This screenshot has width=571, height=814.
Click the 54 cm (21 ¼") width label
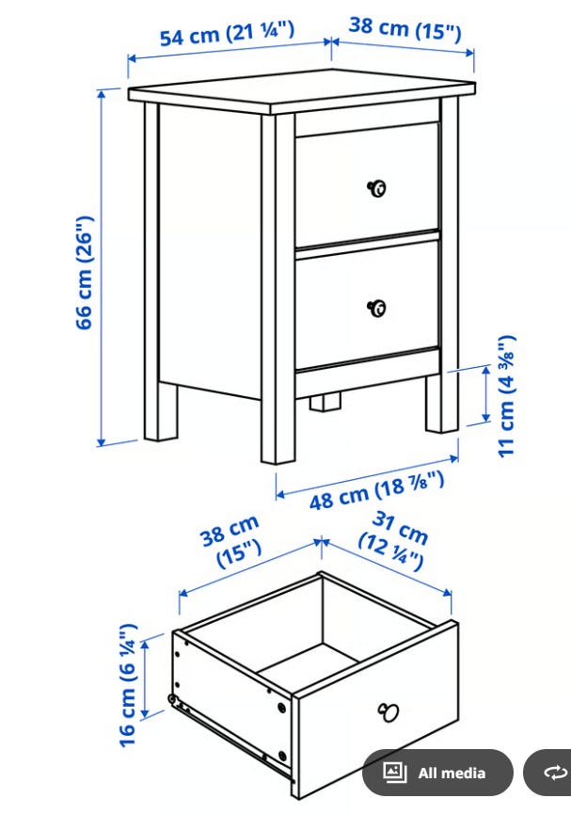click(x=227, y=33)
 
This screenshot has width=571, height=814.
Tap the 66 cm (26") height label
click(x=85, y=273)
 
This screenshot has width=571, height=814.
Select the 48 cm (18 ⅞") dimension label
click(x=377, y=490)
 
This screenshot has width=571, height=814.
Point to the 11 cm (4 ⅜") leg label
click(x=506, y=396)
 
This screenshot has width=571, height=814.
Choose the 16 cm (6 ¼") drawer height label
click(x=128, y=685)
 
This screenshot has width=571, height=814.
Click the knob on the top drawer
click(x=377, y=188)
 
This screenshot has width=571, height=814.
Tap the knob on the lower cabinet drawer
click(x=377, y=308)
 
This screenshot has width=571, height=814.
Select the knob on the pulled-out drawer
click(x=389, y=711)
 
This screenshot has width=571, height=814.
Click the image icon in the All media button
click(x=394, y=772)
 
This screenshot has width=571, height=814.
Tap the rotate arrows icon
click(x=555, y=773)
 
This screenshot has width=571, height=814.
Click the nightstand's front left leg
click(x=278, y=288)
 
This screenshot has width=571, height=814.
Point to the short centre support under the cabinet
click(x=325, y=404)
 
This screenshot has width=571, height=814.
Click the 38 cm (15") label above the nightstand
click(x=404, y=28)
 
